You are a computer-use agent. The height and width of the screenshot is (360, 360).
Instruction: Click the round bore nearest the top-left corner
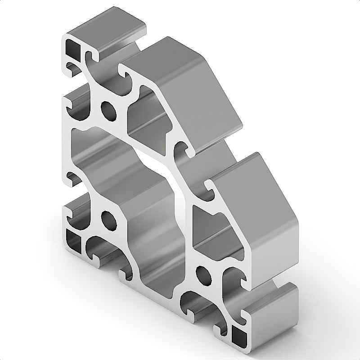108,109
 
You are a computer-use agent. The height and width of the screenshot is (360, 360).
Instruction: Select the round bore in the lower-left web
108,219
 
